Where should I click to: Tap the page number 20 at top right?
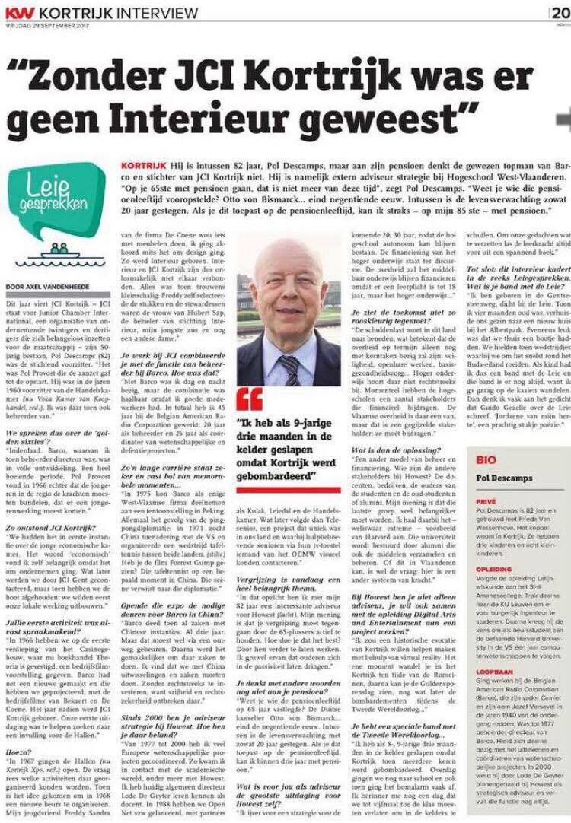[x=560, y=12]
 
